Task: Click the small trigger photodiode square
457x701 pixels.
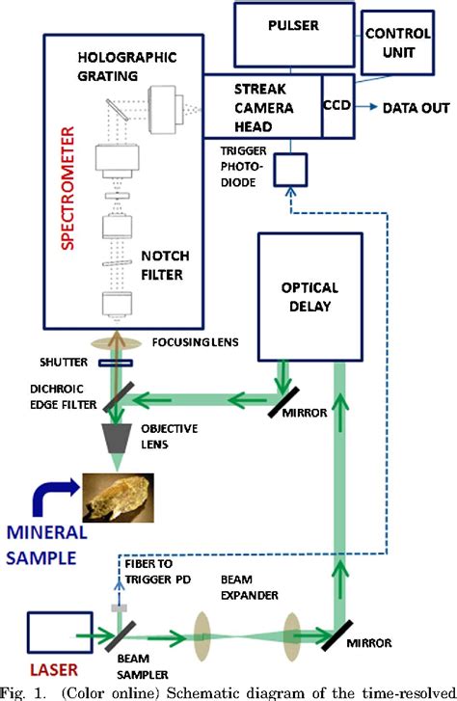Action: click(286, 173)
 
